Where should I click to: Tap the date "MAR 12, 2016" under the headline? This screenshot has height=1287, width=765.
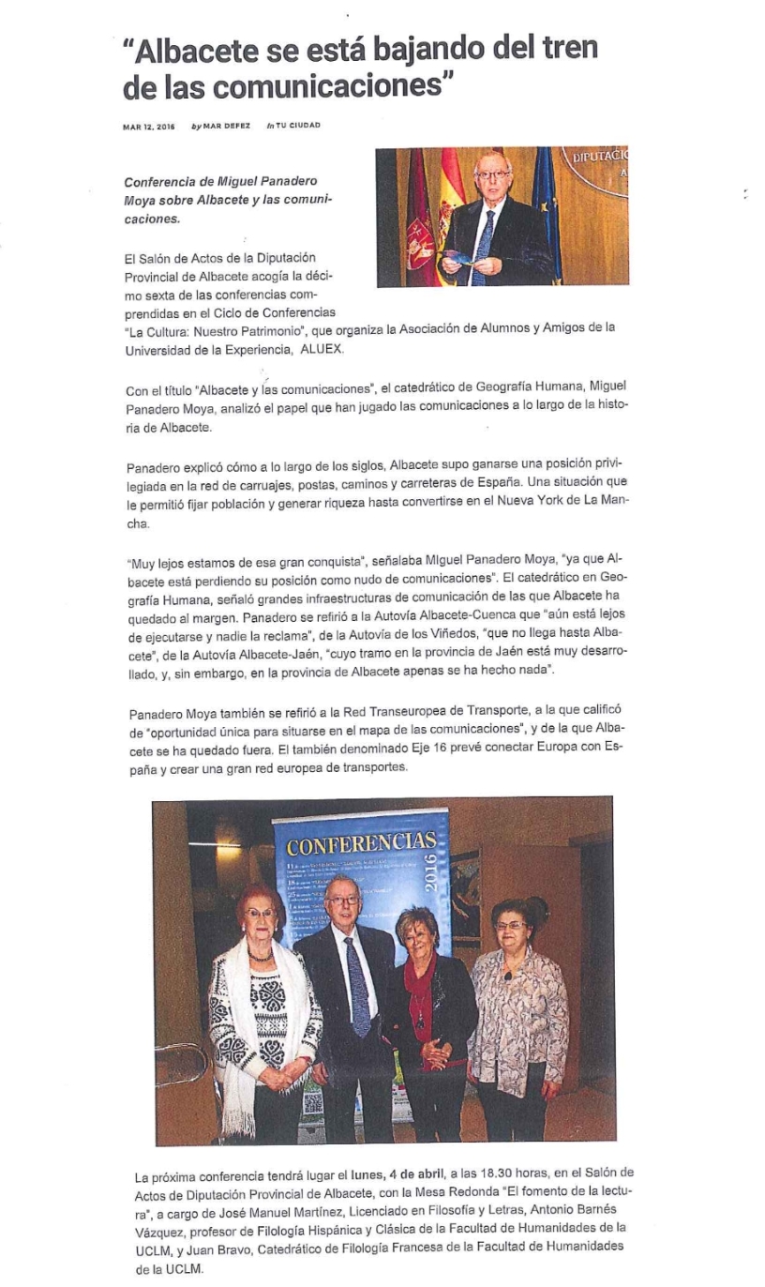(x=149, y=126)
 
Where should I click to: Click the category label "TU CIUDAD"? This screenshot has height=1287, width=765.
(x=297, y=126)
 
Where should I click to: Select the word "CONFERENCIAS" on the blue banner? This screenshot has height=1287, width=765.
(x=361, y=840)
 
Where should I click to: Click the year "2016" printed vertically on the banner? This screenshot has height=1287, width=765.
(x=430, y=872)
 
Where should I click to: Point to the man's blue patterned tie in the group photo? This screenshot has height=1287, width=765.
(x=356, y=985)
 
